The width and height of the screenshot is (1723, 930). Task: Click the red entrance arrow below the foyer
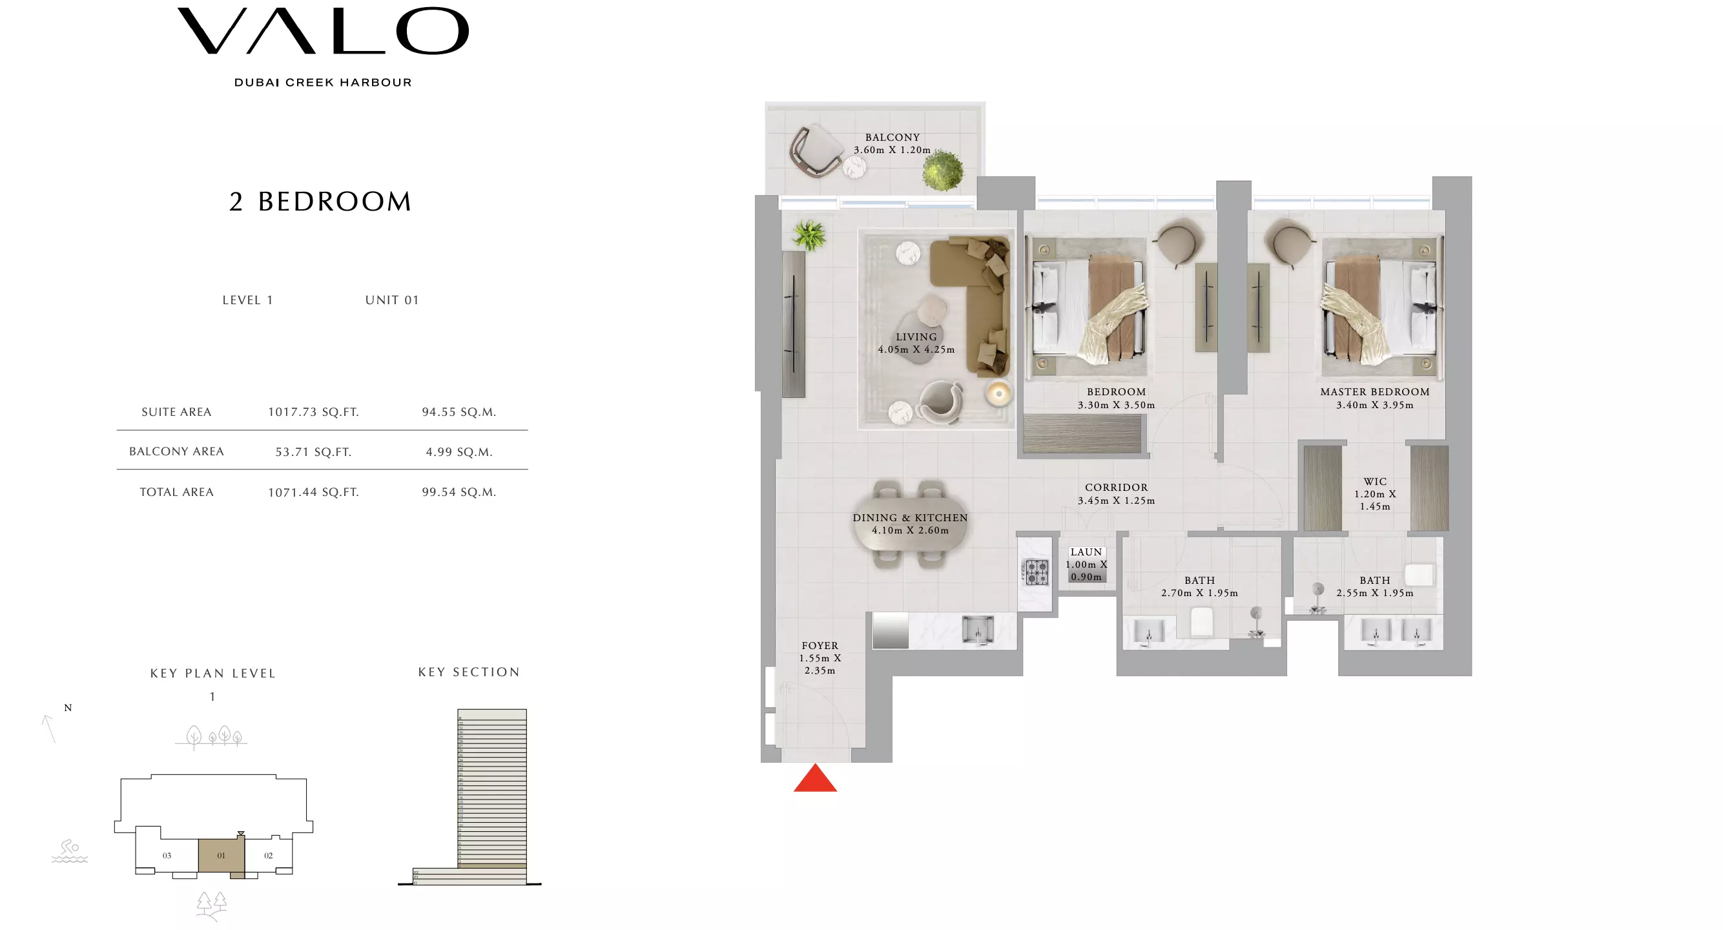[815, 780]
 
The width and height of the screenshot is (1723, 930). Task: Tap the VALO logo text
[323, 32]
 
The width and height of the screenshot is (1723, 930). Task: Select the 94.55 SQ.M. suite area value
[459, 412]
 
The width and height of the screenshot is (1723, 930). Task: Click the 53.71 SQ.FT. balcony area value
[313, 452]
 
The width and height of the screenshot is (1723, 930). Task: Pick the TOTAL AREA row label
[176, 492]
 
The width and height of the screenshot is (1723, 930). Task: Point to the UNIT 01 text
[392, 300]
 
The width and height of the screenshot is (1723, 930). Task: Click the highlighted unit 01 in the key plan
[221, 855]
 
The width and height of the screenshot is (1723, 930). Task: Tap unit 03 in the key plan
[167, 855]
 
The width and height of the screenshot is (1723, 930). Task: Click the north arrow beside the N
[48, 728]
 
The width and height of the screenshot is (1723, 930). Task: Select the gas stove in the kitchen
[1036, 572]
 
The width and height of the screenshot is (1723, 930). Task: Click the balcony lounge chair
[816, 151]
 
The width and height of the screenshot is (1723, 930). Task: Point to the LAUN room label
[1086, 552]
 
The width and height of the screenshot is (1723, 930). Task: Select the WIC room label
[1374, 482]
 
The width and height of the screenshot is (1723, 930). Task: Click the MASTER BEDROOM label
[1374, 392]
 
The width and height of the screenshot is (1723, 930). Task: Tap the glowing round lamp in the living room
[998, 393]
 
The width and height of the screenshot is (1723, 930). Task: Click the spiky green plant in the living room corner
[809, 236]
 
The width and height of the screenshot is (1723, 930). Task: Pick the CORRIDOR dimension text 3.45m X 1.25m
[1116, 501]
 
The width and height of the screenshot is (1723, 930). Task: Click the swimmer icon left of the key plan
[70, 851]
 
